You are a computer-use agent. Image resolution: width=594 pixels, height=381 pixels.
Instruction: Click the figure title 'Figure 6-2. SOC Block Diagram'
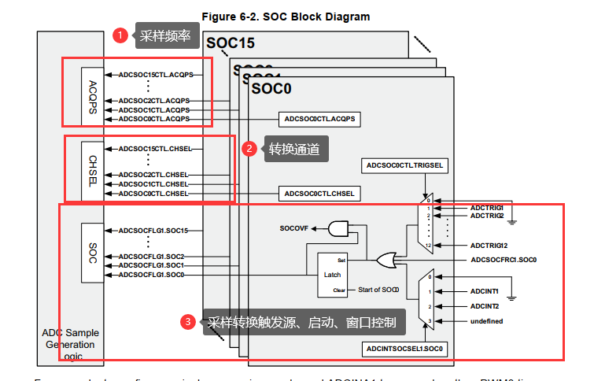coord(286,16)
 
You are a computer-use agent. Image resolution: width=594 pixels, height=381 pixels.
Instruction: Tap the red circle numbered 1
coord(120,35)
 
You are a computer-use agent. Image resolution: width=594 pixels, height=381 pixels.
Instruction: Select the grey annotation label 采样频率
coord(165,35)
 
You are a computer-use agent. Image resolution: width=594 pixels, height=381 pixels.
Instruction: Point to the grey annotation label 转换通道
coord(294,149)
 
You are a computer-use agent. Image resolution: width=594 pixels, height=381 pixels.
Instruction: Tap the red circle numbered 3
coord(186,321)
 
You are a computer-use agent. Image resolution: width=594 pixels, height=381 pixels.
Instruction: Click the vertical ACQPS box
coord(92,96)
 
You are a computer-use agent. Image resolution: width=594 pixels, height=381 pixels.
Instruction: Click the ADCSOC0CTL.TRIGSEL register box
coord(406,165)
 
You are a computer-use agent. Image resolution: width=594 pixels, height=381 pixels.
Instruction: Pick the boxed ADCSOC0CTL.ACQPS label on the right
coord(319,119)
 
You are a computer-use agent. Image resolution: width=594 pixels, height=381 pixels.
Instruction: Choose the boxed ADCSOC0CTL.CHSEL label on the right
coord(319,193)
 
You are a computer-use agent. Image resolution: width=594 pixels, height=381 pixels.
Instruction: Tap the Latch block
coord(331,274)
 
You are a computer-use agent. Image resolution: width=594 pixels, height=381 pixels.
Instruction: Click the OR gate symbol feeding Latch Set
coord(386,260)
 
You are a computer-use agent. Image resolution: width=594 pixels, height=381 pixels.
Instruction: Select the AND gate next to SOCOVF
coord(339,229)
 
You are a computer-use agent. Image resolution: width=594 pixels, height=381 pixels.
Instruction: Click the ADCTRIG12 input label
coord(489,245)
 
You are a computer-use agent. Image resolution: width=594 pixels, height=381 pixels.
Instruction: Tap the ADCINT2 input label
coord(485,305)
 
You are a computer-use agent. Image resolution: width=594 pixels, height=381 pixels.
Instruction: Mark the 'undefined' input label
coord(487,321)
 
